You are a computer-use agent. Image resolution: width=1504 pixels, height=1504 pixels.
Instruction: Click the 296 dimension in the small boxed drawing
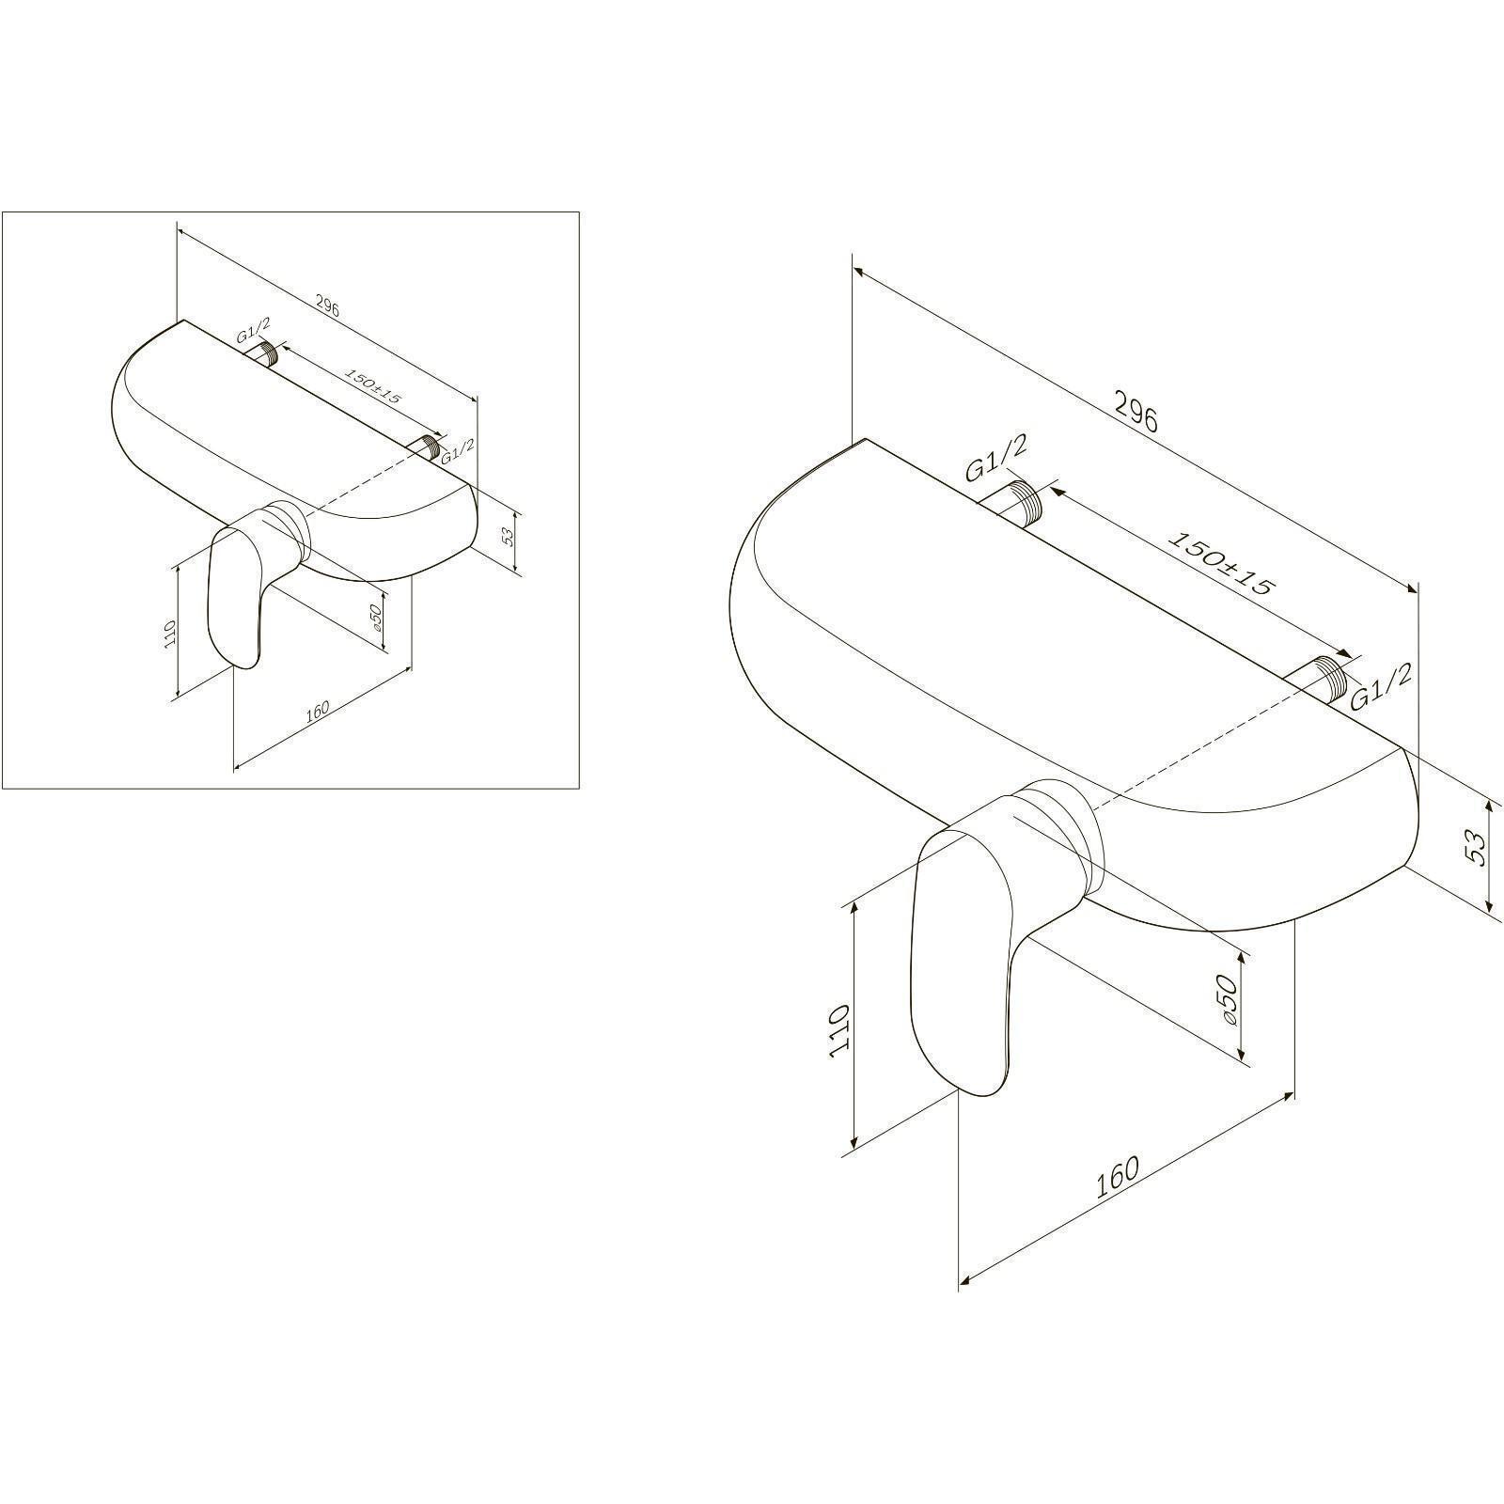[x=326, y=306]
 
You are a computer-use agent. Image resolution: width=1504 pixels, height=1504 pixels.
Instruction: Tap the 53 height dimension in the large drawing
[x=1477, y=850]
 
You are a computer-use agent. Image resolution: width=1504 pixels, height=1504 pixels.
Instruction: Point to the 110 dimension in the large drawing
[x=839, y=1031]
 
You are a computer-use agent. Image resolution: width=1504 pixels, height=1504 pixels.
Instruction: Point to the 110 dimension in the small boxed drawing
[x=169, y=634]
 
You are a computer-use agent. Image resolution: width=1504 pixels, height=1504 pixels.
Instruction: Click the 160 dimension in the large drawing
[x=1118, y=1177]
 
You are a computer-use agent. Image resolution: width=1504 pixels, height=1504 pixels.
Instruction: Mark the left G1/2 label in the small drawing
[x=254, y=330]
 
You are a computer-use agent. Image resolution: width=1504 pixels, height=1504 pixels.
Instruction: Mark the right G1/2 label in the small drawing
[x=457, y=449]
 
